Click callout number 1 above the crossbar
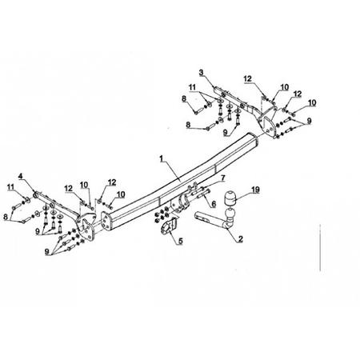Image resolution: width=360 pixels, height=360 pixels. tap(161, 158)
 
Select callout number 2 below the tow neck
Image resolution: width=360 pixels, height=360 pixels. tap(240, 238)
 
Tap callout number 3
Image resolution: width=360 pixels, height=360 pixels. tap(201, 72)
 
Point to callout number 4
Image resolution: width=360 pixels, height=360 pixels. tap(21, 176)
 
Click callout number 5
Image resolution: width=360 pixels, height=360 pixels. tap(181, 241)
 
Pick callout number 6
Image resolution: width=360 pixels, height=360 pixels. tap(214, 204)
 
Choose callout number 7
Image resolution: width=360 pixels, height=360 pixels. tap(223, 178)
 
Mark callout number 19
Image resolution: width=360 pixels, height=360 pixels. tap(255, 190)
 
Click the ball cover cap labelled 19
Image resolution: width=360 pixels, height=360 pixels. tap(230, 198)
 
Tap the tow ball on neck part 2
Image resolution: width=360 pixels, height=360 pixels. tap(230, 214)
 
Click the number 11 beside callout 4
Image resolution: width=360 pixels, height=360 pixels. tap(10, 187)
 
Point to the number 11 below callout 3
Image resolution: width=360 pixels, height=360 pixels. tap(193, 87)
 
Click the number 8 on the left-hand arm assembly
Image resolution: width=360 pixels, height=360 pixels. tap(6, 217)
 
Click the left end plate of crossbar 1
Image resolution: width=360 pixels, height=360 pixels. tap(106, 221)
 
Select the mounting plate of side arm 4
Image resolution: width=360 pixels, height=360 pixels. tap(86, 226)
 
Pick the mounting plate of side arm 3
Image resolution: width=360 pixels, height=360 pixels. tap(267, 122)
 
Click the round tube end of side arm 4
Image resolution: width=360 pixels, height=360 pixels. tap(35, 195)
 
